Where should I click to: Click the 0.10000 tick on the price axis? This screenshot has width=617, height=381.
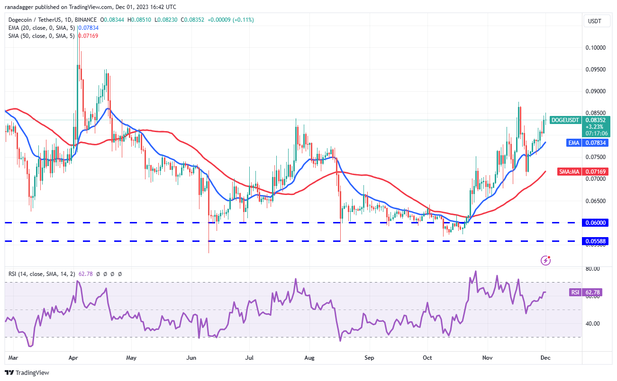[x=595, y=48]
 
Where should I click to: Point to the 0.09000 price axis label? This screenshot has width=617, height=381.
[x=595, y=91]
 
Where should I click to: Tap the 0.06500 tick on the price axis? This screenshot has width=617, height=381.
[x=595, y=201]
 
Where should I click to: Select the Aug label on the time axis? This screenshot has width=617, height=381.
[x=309, y=358]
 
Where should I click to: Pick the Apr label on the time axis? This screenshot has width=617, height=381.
[x=73, y=358]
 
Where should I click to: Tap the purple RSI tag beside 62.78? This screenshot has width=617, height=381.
[x=575, y=292]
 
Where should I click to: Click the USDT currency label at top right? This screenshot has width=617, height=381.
[x=595, y=21]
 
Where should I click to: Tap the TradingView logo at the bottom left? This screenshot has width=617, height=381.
[x=27, y=372]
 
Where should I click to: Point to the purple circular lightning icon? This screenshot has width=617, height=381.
[x=546, y=260]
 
